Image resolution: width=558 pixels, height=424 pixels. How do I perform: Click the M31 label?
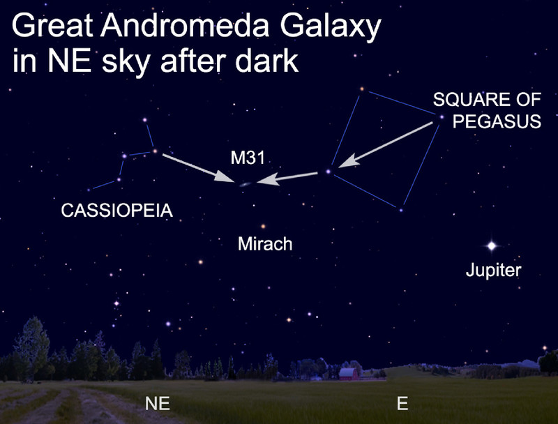click(x=248, y=158)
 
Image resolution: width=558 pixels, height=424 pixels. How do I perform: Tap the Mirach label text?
click(x=265, y=244)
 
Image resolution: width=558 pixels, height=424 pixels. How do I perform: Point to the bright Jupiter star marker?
click(x=492, y=245)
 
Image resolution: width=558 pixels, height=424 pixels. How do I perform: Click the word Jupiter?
click(x=494, y=270)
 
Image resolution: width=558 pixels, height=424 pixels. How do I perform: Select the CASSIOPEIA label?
click(x=117, y=211)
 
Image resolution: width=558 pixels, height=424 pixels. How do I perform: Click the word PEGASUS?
click(x=497, y=121)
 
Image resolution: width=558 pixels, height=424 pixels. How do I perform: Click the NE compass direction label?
click(x=158, y=403)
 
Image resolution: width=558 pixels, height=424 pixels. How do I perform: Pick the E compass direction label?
click(x=402, y=403)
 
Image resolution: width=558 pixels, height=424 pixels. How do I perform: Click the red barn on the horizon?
click(x=348, y=374)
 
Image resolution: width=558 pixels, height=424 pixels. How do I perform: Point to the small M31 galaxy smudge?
click(x=246, y=184)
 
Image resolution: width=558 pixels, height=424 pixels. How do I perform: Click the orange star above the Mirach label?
click(x=264, y=226)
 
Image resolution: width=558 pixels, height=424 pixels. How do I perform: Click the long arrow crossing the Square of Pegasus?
click(x=386, y=144)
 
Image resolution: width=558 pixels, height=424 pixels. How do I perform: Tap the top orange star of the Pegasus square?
click(x=362, y=89)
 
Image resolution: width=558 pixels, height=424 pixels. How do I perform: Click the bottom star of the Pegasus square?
click(x=401, y=210)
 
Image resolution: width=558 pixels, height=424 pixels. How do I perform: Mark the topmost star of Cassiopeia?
click(x=145, y=120)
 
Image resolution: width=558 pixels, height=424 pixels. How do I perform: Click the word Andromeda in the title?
click(x=185, y=26)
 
